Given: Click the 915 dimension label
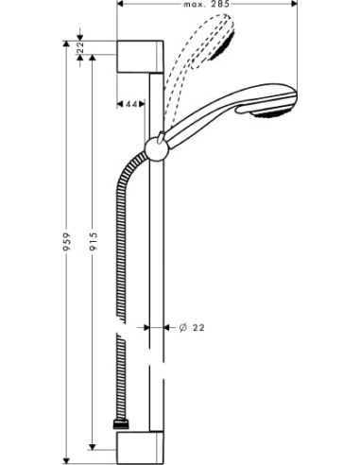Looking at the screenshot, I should [92, 250].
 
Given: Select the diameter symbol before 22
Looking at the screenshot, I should [181, 328].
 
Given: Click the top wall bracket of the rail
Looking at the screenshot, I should [141, 58].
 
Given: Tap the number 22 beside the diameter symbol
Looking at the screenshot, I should [199, 328].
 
